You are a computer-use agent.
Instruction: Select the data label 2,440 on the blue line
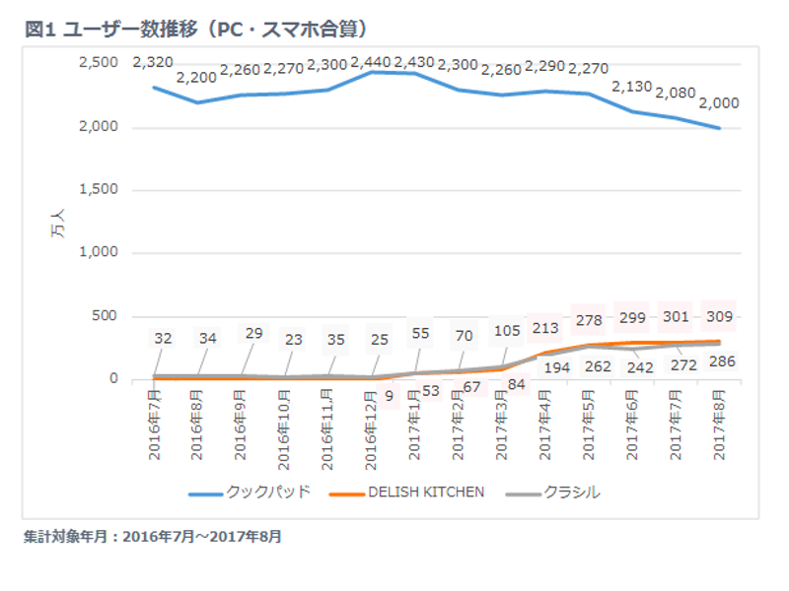coord(371,62)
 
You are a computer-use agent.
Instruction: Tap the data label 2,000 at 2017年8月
coord(718,103)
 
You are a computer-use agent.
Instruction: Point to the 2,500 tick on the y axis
coord(98,63)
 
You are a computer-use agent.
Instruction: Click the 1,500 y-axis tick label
coord(98,190)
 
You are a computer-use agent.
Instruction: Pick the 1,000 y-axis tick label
coord(98,253)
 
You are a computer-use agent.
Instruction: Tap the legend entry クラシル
coord(571,492)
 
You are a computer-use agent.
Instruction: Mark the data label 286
coord(719,361)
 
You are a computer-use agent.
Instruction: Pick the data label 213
coord(544,328)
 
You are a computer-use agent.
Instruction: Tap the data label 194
coord(544,366)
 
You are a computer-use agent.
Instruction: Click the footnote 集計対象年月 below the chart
coord(153,538)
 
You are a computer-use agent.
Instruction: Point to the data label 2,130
coord(632,88)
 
